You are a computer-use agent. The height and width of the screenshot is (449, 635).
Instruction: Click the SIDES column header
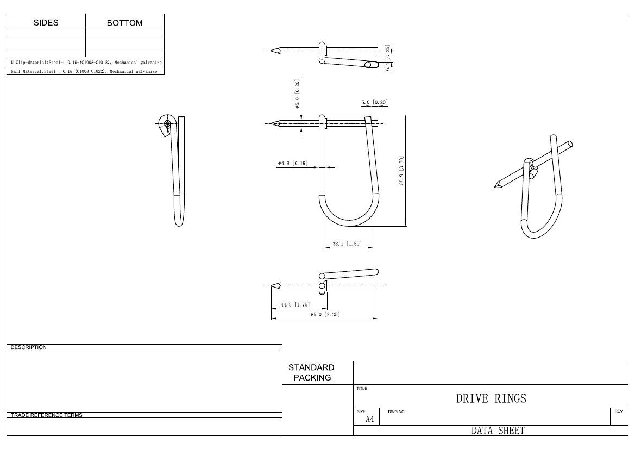point(46,23)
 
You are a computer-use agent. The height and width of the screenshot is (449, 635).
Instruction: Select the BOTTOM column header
point(124,23)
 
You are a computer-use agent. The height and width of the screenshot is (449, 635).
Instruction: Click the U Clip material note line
point(85,63)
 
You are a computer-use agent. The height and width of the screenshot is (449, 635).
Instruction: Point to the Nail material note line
point(84,71)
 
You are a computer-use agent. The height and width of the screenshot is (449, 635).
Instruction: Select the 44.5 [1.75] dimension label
point(295,305)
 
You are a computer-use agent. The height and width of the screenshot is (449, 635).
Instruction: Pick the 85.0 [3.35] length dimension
point(325,315)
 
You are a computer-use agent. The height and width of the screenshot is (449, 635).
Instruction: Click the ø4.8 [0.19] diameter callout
point(292,163)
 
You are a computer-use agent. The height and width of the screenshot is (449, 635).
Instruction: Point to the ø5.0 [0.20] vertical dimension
point(297,94)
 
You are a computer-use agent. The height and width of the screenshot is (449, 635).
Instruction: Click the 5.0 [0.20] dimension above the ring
point(374,102)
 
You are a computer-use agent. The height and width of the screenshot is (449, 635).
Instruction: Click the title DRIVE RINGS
point(491,398)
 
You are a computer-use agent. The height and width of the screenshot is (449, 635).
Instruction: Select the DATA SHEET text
point(498,431)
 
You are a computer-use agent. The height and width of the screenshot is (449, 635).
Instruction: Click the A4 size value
point(369,419)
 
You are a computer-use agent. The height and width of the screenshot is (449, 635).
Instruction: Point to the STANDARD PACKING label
point(311,372)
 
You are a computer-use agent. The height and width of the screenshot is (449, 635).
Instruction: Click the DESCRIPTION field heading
point(29,347)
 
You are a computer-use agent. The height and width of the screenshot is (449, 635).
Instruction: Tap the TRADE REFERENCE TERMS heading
point(47,415)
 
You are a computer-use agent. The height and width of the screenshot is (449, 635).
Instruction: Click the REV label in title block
point(618,411)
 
